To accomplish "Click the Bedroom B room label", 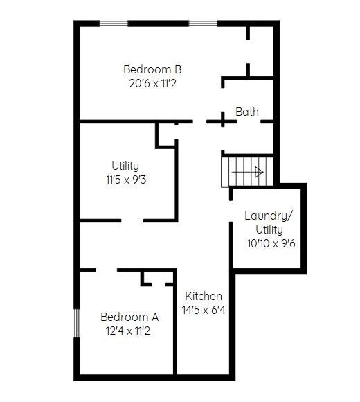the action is [152, 69].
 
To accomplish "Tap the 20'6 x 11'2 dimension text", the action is [153, 83].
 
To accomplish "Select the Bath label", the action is [247, 112].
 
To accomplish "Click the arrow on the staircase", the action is [248, 172].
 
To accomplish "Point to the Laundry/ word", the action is [268, 216].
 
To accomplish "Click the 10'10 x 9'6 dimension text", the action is [271, 243].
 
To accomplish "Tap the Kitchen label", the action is [204, 296].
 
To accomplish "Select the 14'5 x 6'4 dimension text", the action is [204, 310].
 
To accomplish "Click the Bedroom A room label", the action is [129, 317].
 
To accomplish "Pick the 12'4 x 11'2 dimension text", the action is [128, 331].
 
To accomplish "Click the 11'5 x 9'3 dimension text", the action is [126, 180].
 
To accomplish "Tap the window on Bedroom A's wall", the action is [77, 323].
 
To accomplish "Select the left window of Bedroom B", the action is [114, 24].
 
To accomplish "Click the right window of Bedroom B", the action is [203, 24].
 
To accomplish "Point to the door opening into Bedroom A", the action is [107, 270].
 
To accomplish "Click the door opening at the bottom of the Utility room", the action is [132, 220].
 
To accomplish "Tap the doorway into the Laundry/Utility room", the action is [231, 211].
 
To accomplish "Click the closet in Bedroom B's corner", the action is [261, 51].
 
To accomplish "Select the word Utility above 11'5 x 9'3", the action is [125, 166].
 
